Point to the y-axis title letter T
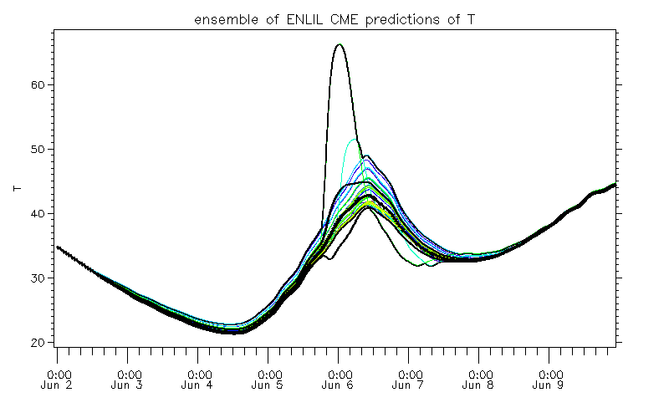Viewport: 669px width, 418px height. [x=17, y=188]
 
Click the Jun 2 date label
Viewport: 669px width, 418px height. [x=59, y=386]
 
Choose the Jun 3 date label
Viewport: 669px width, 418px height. [x=129, y=386]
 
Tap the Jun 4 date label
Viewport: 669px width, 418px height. [x=199, y=386]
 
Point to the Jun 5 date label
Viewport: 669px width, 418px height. [x=269, y=386]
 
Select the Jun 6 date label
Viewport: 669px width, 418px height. [x=339, y=386]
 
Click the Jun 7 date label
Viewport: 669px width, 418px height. [x=409, y=386]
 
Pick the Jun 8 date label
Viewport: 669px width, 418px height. [x=479, y=386]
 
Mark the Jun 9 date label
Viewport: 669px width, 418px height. [x=549, y=386]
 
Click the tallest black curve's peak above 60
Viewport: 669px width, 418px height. [x=339, y=45]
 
